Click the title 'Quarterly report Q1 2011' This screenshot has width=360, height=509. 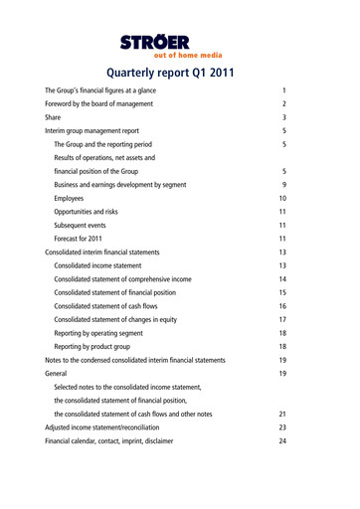(x=180, y=72)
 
